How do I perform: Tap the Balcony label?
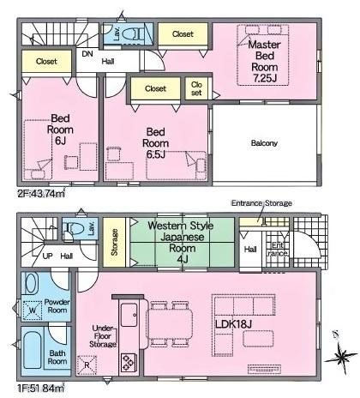[264, 142]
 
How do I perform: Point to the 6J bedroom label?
[59, 131]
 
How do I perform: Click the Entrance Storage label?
[261, 203]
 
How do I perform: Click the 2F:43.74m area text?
[41, 194]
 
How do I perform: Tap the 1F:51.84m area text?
[40, 388]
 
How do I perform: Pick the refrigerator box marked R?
[87, 364]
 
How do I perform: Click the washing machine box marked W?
[34, 311]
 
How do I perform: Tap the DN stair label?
[87, 53]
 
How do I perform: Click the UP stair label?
[48, 256]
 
